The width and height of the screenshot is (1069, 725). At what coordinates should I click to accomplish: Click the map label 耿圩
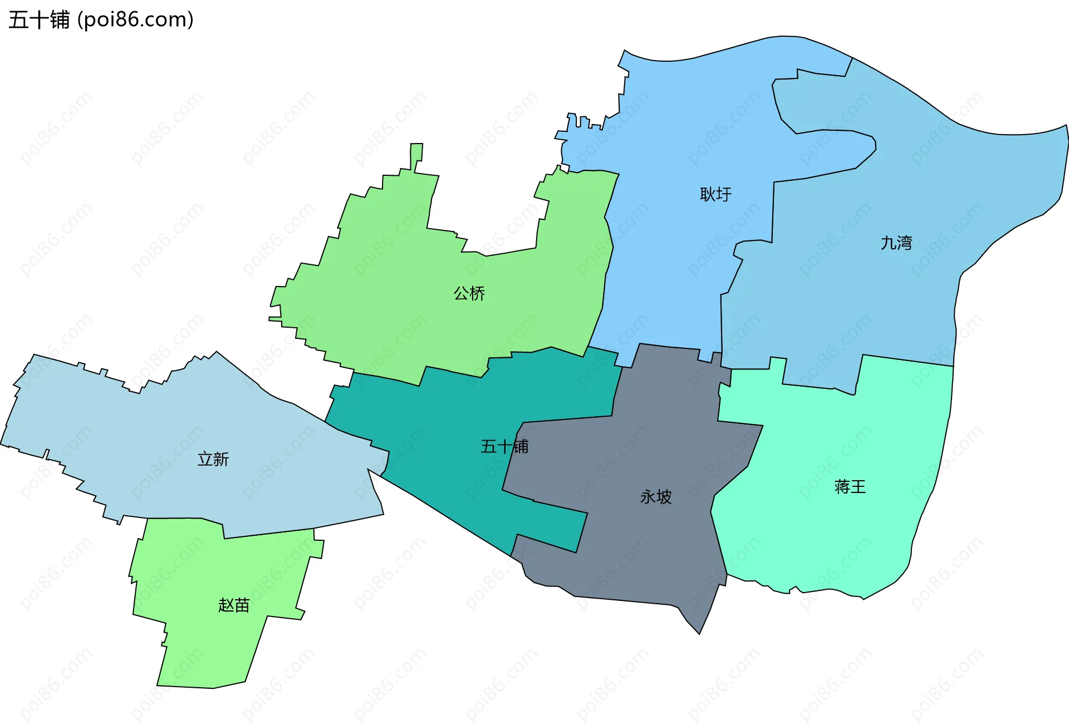pyautogui.click(x=715, y=194)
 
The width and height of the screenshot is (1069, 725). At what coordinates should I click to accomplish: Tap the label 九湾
pyautogui.click(x=896, y=243)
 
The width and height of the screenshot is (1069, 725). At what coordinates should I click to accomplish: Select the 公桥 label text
pyautogui.click(x=469, y=293)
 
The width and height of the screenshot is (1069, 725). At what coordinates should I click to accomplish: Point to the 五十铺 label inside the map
pyautogui.click(x=504, y=446)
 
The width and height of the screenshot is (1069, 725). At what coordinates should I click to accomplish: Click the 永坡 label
pyautogui.click(x=656, y=496)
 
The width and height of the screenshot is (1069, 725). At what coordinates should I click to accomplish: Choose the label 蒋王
pyautogui.click(x=850, y=487)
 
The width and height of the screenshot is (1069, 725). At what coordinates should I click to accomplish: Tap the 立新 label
pyautogui.click(x=213, y=459)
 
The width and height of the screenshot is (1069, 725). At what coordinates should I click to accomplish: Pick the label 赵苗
pyautogui.click(x=234, y=605)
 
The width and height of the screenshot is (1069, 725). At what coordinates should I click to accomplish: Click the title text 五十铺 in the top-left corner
pyautogui.click(x=39, y=20)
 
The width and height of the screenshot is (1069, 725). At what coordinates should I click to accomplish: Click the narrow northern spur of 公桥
pyautogui.click(x=416, y=156)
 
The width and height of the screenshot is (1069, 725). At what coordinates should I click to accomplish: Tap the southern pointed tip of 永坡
pyautogui.click(x=699, y=632)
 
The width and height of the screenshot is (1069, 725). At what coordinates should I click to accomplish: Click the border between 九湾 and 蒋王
pyautogui.click(x=908, y=360)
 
